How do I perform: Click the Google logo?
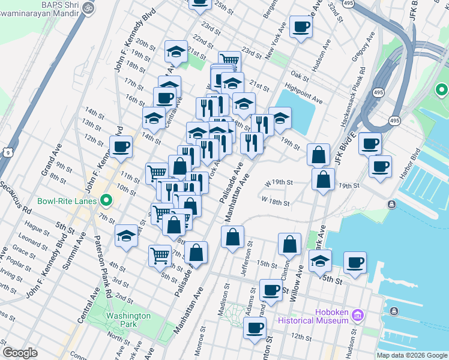coord(20,352)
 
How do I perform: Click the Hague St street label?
coord(38,229)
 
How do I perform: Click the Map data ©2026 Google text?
coord(412,355)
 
